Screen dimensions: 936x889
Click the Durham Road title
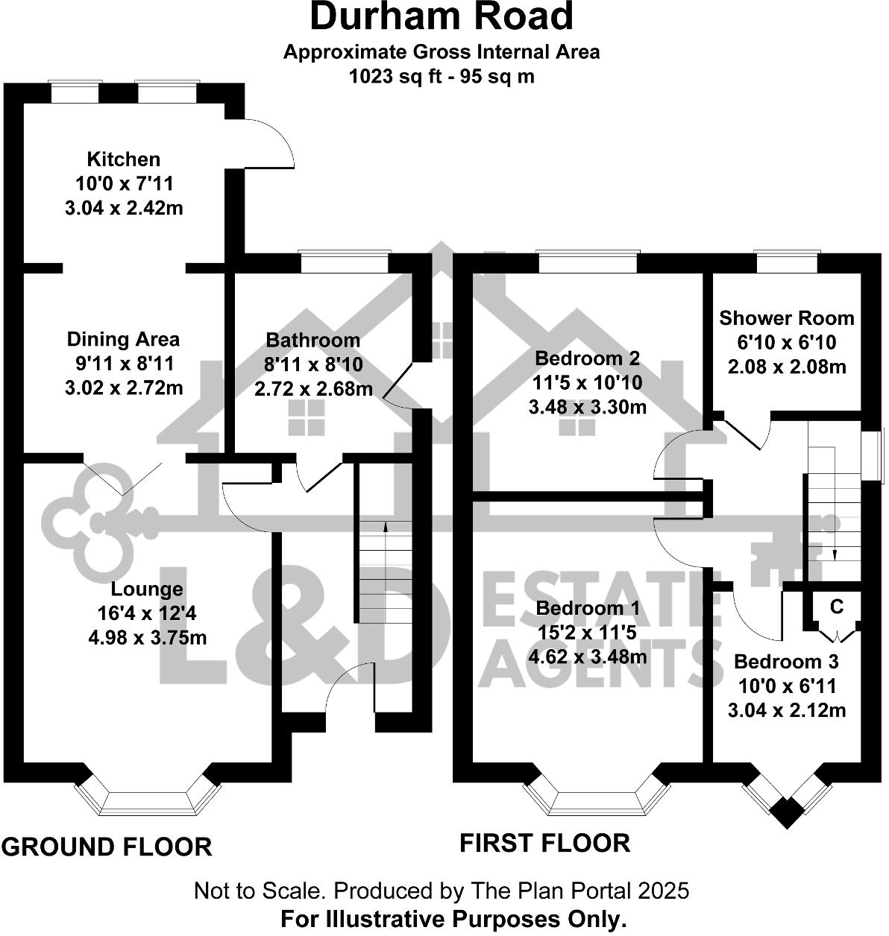442,17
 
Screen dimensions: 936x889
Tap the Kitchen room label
124,159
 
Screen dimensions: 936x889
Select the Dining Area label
124,339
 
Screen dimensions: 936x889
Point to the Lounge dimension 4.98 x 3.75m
147,638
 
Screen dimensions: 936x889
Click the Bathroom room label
313,340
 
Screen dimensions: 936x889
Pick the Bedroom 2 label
588,358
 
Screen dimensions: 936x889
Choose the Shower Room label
786,318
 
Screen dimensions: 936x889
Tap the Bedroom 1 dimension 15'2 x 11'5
588,633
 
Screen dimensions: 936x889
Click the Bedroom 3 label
786,661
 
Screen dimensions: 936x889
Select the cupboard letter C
837,607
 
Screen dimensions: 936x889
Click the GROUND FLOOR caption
107,847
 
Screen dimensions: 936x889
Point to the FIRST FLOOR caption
544,843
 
